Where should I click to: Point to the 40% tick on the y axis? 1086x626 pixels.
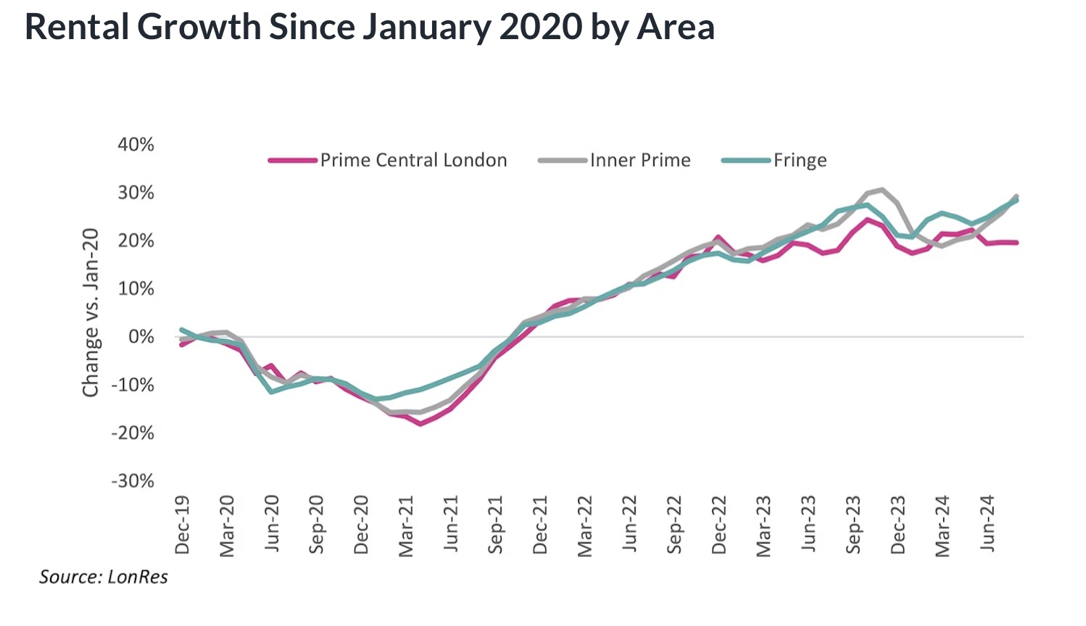tap(136, 145)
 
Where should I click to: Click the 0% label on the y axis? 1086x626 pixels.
tap(141, 337)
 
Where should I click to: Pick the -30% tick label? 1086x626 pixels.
tap(133, 481)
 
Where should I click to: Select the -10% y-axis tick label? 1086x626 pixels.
tap(133, 385)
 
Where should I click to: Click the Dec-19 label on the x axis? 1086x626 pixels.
tap(182, 525)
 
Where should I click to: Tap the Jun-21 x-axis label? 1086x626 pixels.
tap(451, 525)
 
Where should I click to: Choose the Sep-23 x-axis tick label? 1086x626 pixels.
tap(854, 525)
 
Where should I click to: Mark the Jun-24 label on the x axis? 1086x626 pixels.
tap(988, 525)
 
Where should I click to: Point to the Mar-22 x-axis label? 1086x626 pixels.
tap(585, 525)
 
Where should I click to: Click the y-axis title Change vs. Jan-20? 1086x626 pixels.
tap(91, 313)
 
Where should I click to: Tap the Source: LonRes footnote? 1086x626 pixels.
tap(104, 577)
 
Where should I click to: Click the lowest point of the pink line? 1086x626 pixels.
tap(420, 423)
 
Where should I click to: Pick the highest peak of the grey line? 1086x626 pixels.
tap(882, 190)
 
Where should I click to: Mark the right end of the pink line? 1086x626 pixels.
tap(1016, 242)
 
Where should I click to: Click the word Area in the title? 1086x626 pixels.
tap(676, 27)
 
